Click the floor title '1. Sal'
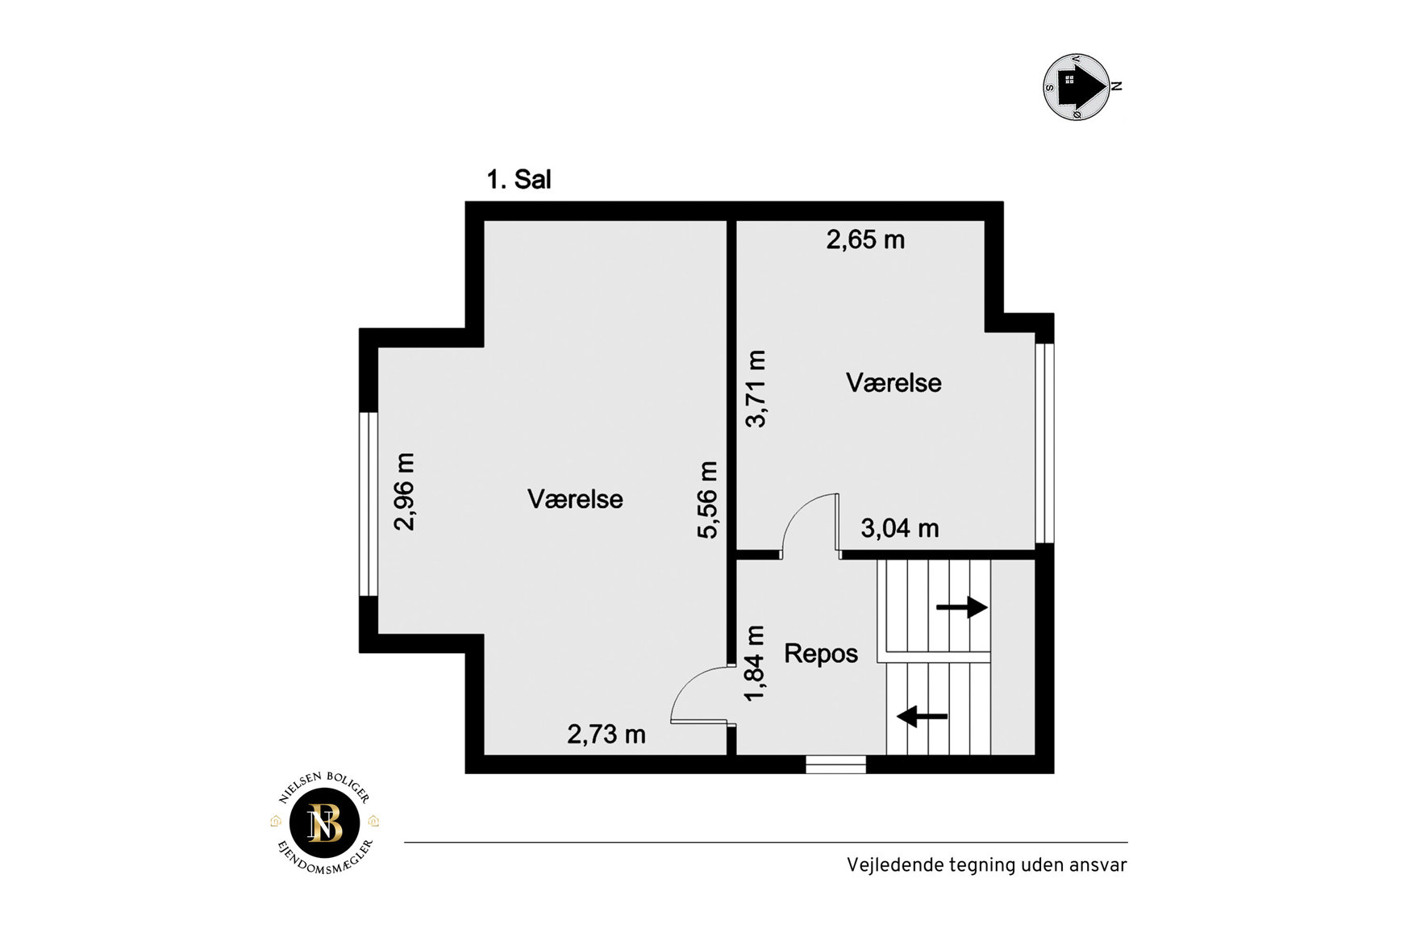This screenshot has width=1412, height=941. [x=519, y=179]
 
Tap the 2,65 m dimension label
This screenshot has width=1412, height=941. [x=865, y=239]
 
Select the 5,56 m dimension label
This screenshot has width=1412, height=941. [x=707, y=500]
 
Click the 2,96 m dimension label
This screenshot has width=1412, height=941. [x=404, y=492]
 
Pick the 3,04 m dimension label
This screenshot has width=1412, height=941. [x=900, y=528]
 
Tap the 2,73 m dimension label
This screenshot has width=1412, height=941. [x=606, y=734]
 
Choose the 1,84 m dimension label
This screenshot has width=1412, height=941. [x=755, y=664]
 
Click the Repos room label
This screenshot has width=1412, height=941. [x=821, y=653]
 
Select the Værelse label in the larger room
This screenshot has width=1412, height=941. [x=575, y=499]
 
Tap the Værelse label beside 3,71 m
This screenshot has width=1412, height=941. [x=893, y=382]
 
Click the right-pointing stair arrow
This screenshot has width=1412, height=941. [x=962, y=607]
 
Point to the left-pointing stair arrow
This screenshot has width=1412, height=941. [x=923, y=715]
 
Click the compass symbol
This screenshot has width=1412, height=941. [x=1077, y=87]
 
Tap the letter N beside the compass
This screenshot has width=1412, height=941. [x=1118, y=86]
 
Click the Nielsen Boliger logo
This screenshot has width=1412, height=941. [x=325, y=822]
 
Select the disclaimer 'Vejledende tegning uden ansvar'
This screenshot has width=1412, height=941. [x=986, y=865]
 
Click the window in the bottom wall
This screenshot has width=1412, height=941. [x=836, y=764]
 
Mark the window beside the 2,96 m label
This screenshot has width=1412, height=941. [x=369, y=504]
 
